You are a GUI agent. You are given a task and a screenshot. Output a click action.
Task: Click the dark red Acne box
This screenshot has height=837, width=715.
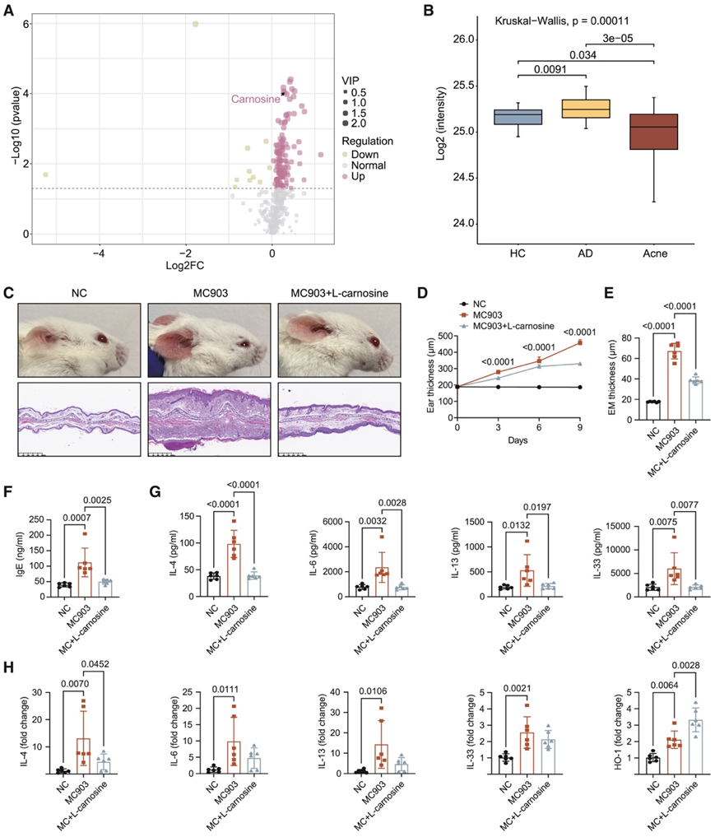[x=654, y=132]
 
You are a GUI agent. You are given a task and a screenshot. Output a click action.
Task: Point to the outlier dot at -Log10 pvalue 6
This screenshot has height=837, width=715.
[x=195, y=24]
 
